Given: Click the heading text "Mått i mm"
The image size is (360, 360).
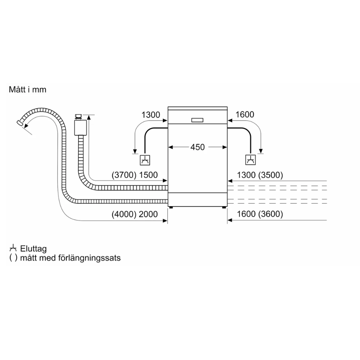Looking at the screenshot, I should coord(28,90).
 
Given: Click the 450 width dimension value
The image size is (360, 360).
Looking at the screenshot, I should coord(197,147).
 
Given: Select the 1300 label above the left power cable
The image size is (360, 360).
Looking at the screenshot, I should coord(150,115).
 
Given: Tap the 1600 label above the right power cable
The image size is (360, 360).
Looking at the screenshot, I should coord(245,115).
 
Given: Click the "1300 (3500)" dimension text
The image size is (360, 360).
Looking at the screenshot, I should coord(259,175).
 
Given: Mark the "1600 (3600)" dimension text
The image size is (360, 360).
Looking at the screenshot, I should coord(259,214).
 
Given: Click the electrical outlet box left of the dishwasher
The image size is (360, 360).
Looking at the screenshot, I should coord(145,159).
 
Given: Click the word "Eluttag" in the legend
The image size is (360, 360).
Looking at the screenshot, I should coord(33,249).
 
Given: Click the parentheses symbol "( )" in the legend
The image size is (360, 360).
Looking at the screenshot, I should coord(13,258).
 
